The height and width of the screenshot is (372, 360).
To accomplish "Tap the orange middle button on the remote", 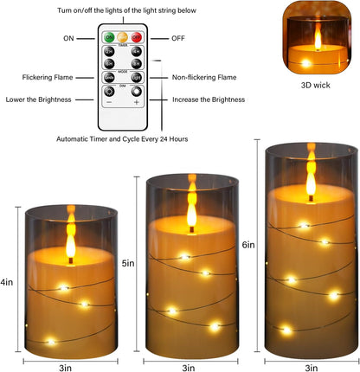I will point(122,38).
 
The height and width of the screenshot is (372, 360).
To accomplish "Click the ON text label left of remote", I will point(68,39).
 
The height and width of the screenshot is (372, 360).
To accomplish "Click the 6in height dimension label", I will point(248,245).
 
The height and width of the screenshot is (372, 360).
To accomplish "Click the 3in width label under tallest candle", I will point(312,367).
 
